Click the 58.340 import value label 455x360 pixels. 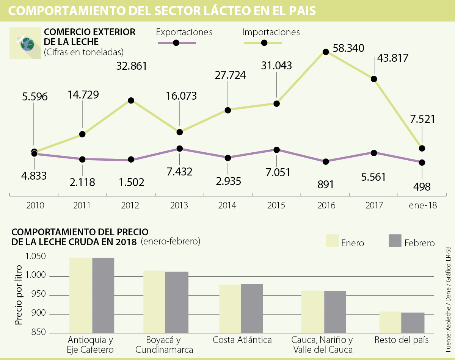coord(348,48)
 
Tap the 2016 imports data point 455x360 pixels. coord(325,52)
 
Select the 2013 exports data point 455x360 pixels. coord(179,149)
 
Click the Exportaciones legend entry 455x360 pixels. coord(184,33)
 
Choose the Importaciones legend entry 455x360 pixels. coord(271,33)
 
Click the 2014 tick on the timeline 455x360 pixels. coord(227,206)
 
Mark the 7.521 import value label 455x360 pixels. coord(422,119)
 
